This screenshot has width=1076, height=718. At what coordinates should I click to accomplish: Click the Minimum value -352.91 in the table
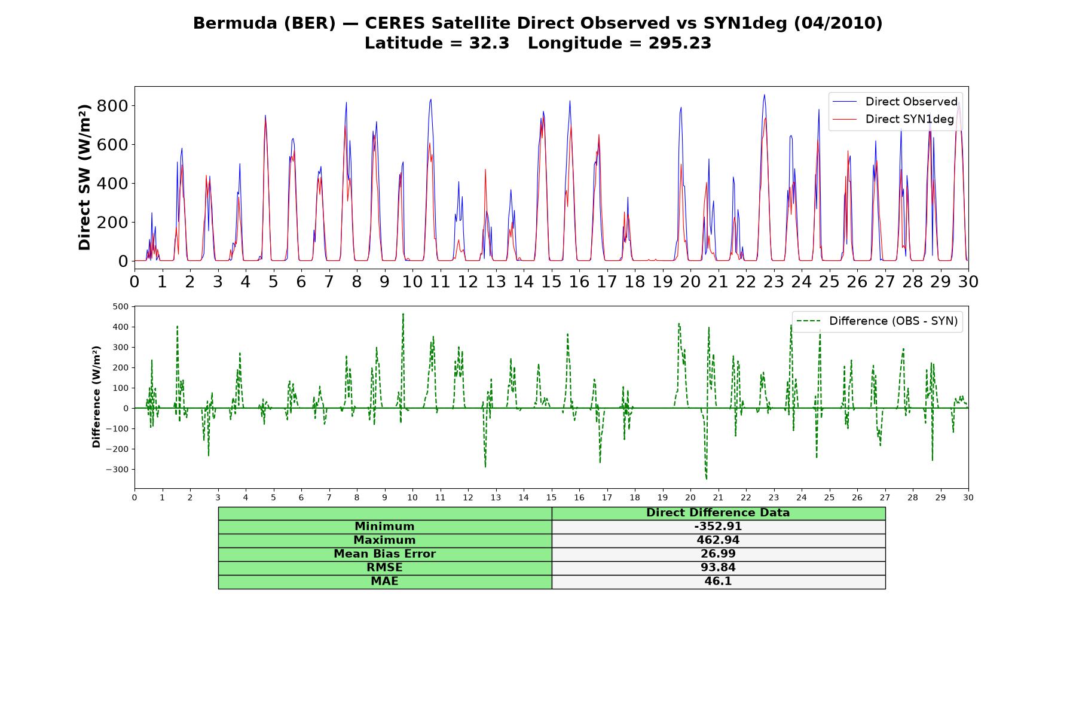click(x=718, y=527)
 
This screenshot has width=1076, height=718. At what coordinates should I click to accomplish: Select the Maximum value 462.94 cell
click(x=718, y=540)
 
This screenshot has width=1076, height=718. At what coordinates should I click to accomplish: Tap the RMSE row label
click(x=384, y=568)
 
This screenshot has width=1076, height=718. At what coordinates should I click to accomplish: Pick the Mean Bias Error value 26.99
click(x=718, y=554)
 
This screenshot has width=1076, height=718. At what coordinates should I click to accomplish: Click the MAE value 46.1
click(x=718, y=582)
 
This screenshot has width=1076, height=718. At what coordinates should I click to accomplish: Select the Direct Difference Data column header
click(x=718, y=513)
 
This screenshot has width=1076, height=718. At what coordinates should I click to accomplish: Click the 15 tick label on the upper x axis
click(x=551, y=281)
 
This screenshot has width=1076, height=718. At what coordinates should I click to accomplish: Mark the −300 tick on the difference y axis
click(x=117, y=470)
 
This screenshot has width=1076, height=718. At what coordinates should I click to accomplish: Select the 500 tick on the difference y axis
click(x=121, y=306)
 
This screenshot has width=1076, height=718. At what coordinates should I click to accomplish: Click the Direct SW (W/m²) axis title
click(x=84, y=177)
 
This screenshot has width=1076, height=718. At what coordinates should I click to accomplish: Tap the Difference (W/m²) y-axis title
click(x=96, y=397)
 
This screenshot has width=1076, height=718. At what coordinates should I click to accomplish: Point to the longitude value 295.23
click(x=680, y=44)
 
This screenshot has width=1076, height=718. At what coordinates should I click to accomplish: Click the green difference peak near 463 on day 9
click(x=403, y=314)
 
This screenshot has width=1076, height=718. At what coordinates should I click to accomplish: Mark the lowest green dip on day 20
click(x=706, y=479)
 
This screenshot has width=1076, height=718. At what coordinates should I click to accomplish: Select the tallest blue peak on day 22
click(x=764, y=95)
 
